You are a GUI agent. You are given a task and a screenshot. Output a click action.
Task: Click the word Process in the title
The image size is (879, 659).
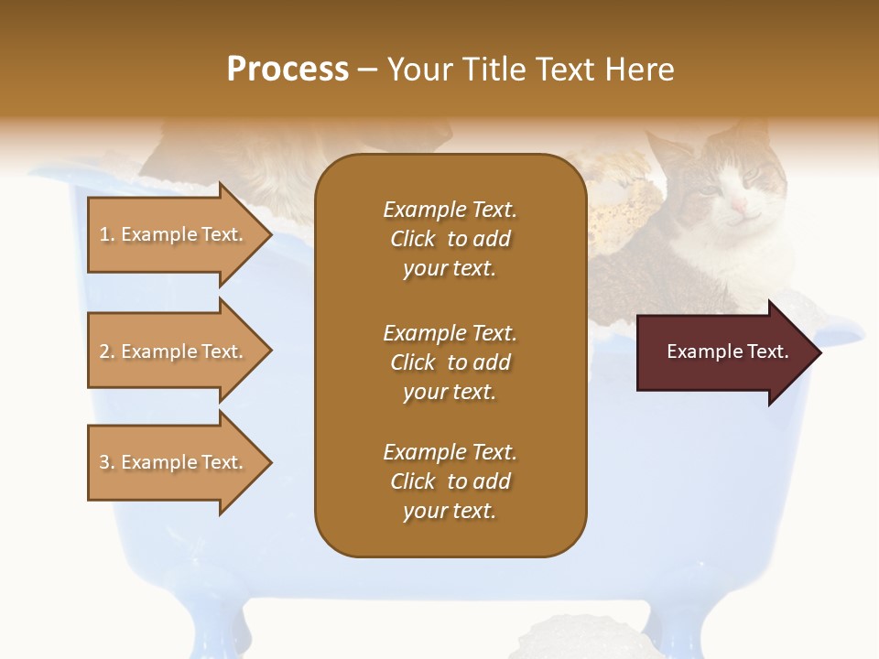pyautogui.click(x=288, y=70)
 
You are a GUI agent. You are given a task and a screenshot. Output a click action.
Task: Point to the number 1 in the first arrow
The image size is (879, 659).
pyautogui.click(x=104, y=235)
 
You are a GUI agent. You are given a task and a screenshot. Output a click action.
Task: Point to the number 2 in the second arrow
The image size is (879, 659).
pyautogui.click(x=104, y=351)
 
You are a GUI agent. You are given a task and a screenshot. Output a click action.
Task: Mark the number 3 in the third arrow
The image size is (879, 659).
pyautogui.click(x=104, y=462)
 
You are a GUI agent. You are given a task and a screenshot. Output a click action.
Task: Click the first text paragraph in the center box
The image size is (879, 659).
pyautogui.click(x=450, y=239)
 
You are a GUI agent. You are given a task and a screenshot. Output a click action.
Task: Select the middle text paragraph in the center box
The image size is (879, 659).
pyautogui.click(x=450, y=362)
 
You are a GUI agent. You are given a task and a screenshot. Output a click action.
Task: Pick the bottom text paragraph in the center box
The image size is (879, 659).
pyautogui.click(x=450, y=481)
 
